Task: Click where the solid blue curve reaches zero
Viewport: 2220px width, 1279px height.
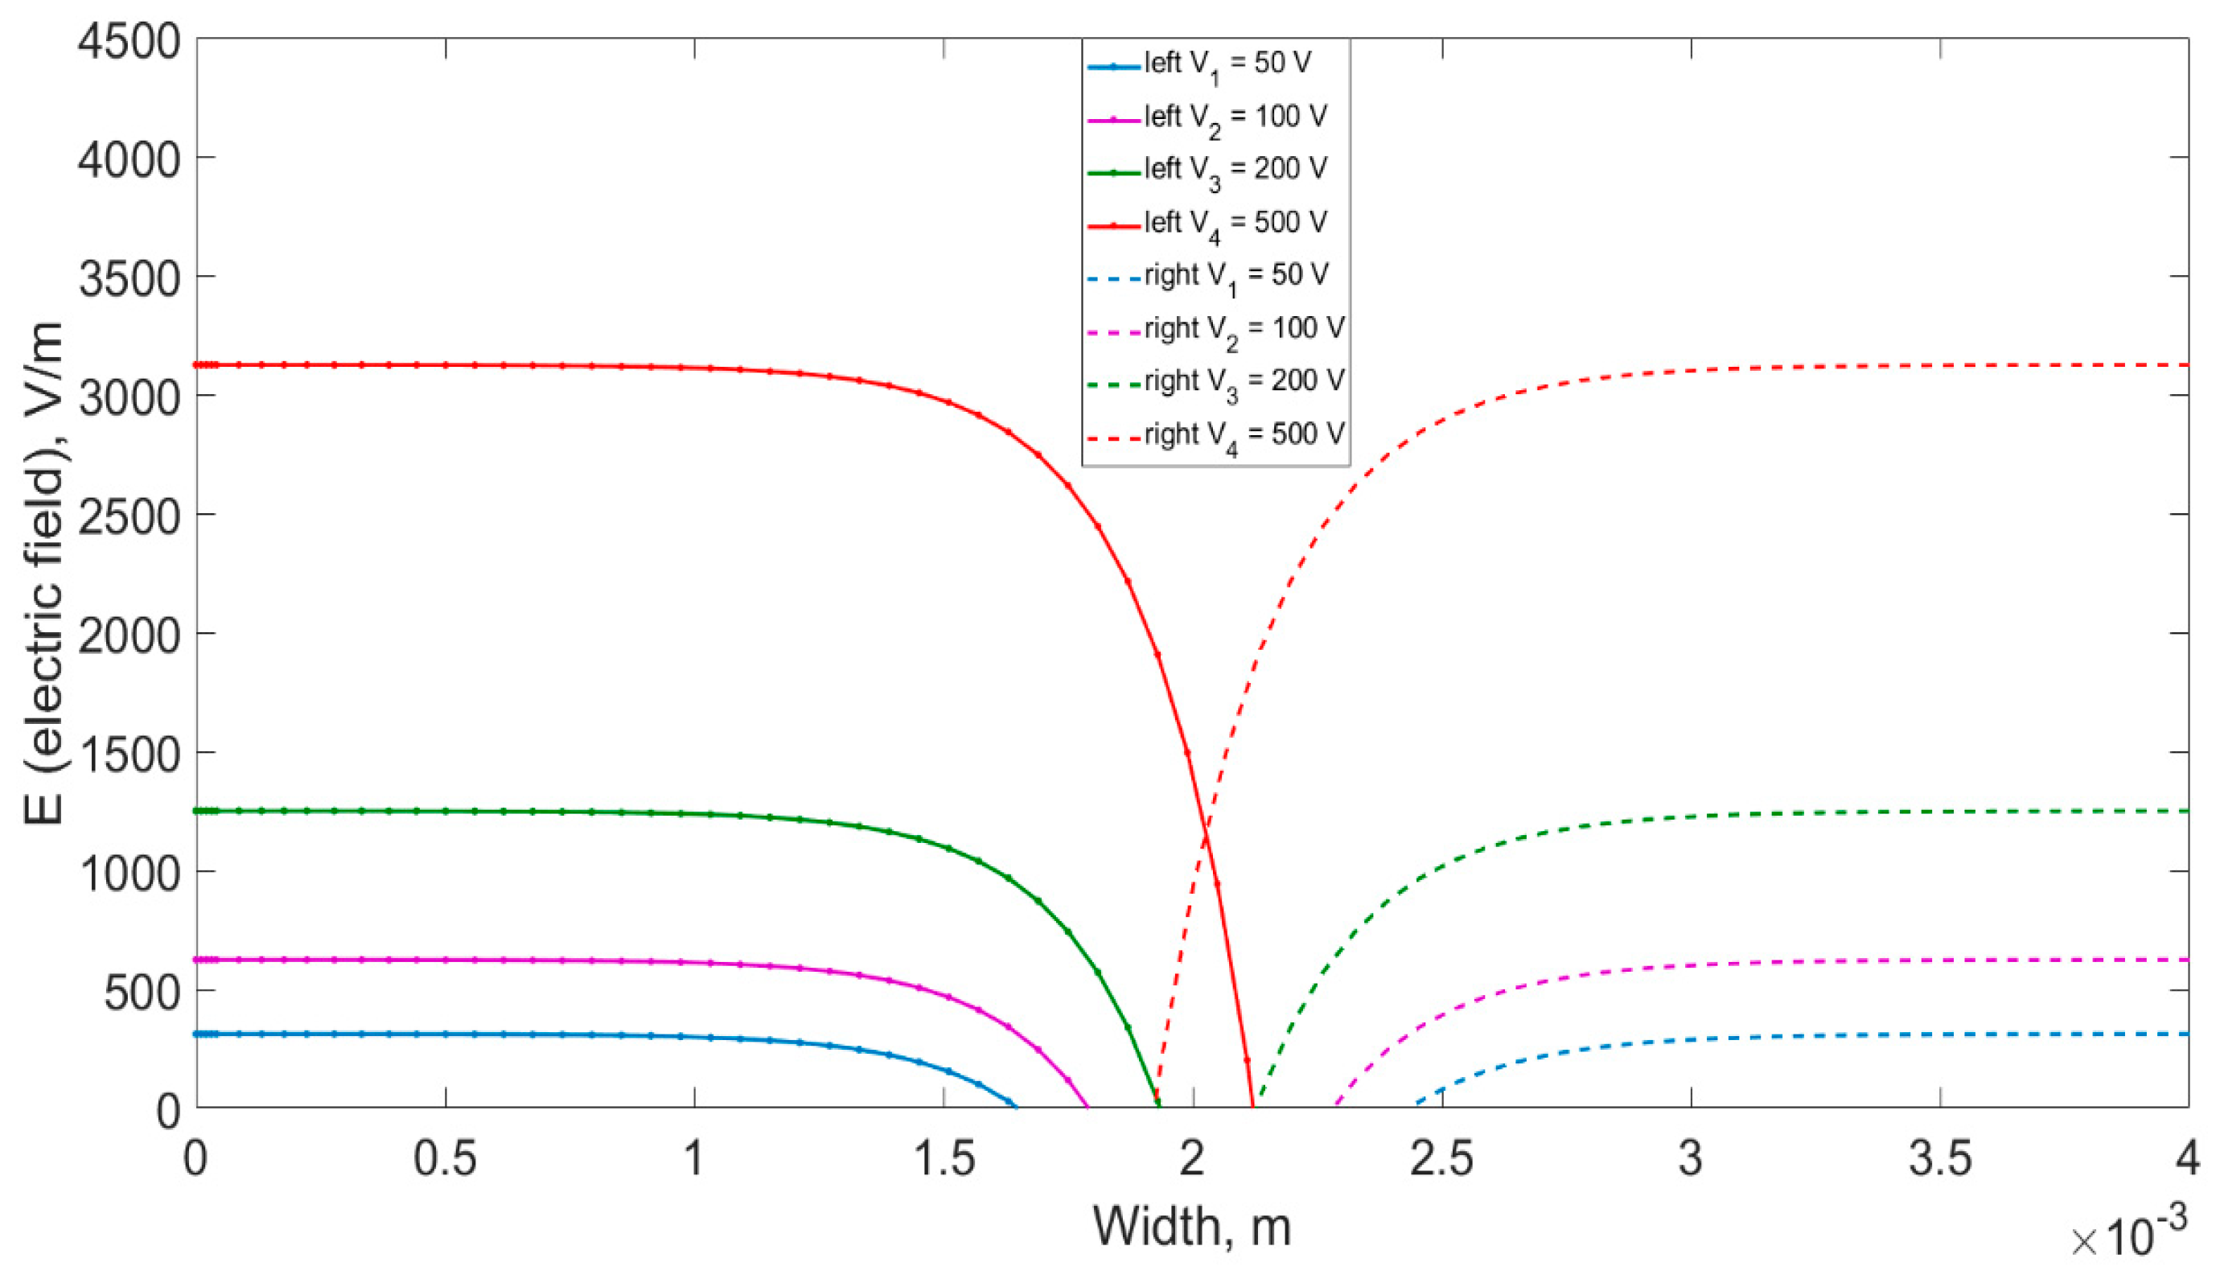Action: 1016,1107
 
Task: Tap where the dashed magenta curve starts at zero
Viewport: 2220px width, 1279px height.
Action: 1334,1106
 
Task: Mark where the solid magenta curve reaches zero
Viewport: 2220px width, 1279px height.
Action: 1088,1107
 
